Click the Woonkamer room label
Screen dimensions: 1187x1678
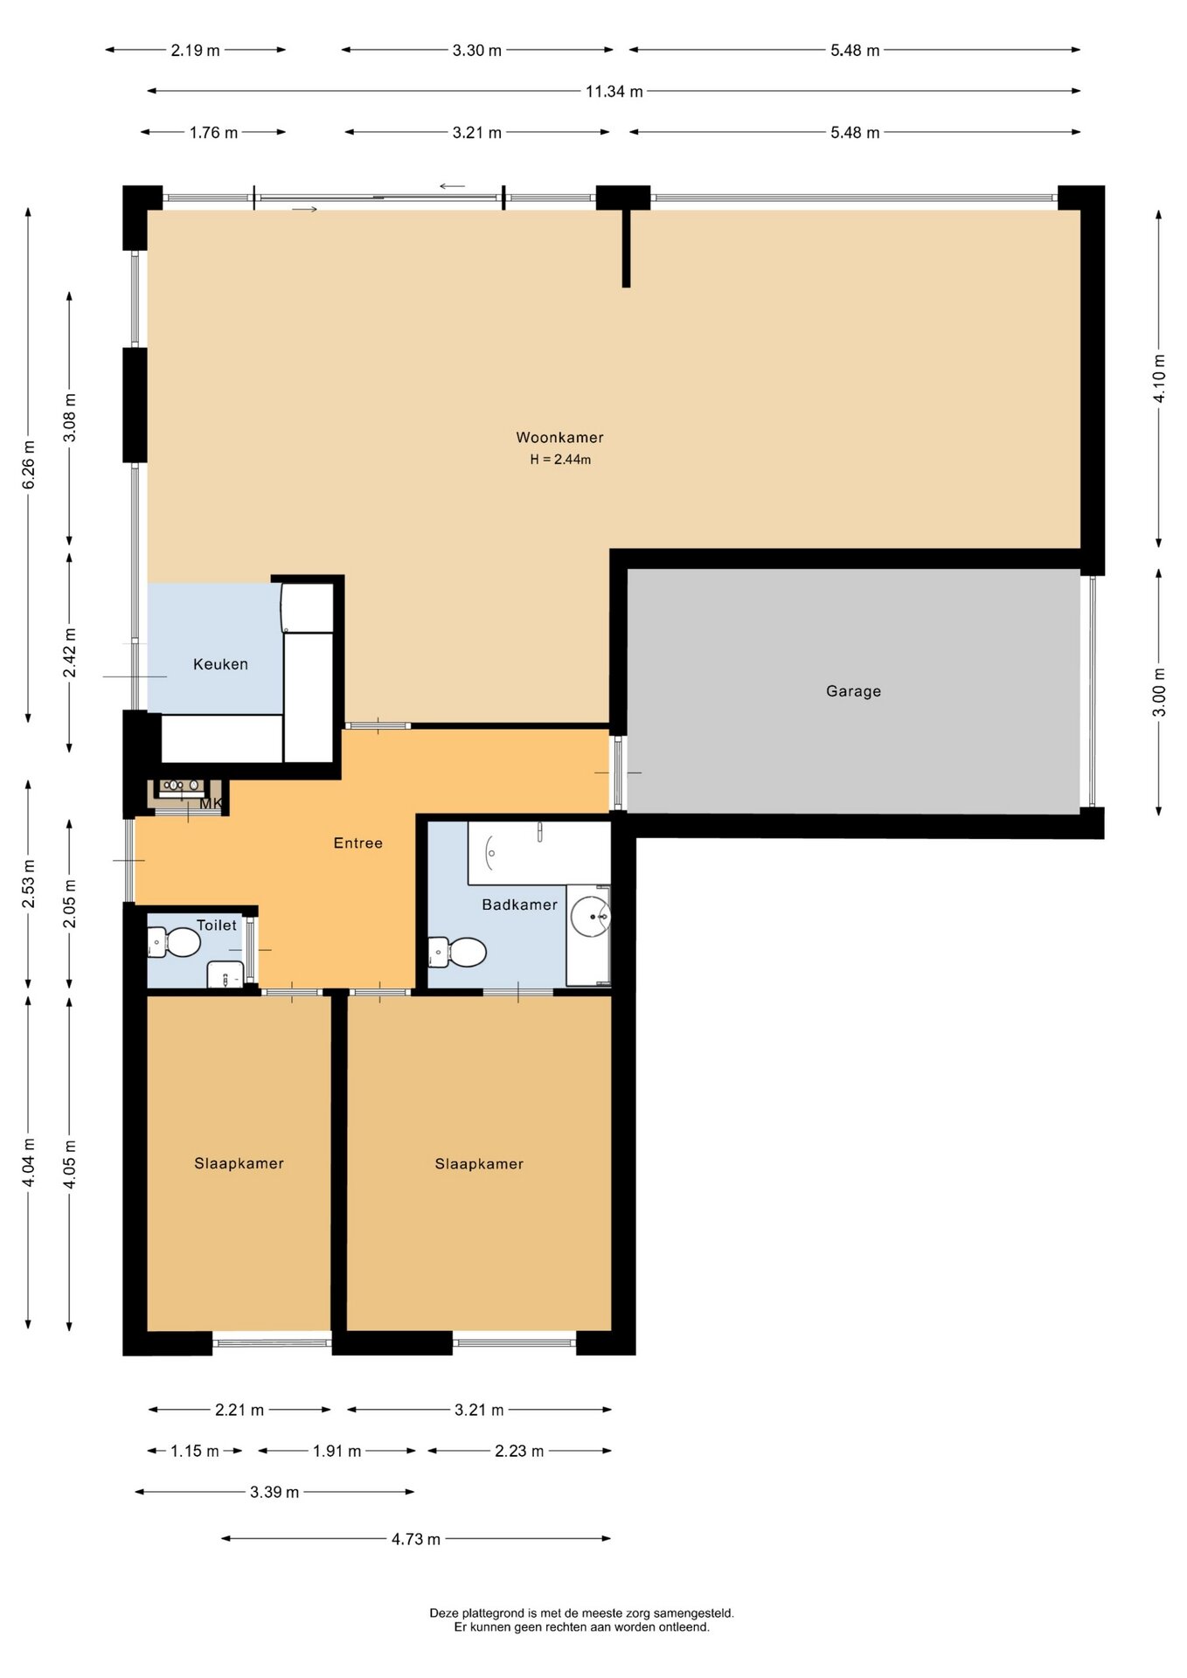[x=559, y=438]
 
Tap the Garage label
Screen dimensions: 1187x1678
[x=853, y=691]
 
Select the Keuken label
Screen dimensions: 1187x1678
[x=220, y=664]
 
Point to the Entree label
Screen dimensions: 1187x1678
[x=358, y=843]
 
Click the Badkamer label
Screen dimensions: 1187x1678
[x=519, y=905]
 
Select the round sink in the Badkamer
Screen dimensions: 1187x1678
[x=590, y=916]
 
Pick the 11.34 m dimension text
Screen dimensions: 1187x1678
[x=614, y=91]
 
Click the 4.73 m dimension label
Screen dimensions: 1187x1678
[x=416, y=1539]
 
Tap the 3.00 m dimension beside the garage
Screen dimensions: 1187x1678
[x=1159, y=692]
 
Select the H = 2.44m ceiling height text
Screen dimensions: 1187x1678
[x=560, y=460]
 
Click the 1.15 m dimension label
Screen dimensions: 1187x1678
[x=195, y=1451]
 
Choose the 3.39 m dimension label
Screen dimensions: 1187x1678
[x=274, y=1492]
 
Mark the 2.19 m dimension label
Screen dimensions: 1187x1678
[x=195, y=50]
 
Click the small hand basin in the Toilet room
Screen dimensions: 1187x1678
[x=226, y=974]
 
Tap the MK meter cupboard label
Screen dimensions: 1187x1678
[x=211, y=803]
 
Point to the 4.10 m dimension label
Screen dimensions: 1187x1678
[x=1159, y=378]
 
